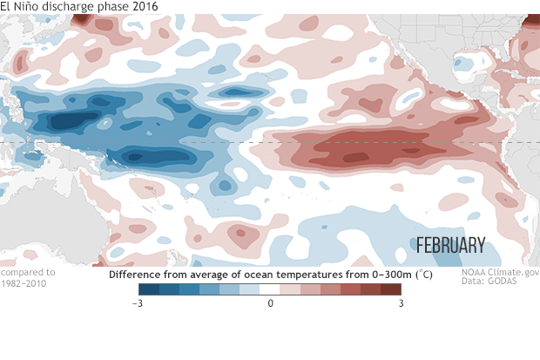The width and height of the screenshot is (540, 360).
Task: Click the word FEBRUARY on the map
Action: [x=449, y=245]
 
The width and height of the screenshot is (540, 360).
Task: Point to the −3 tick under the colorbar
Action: [x=138, y=303]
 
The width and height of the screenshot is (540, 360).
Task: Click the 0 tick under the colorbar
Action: [x=270, y=303]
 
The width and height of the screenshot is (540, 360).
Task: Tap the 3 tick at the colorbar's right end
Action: [x=400, y=303]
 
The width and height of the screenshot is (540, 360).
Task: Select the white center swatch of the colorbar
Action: [x=270, y=289]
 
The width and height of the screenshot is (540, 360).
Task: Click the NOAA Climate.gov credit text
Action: [x=499, y=272]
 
